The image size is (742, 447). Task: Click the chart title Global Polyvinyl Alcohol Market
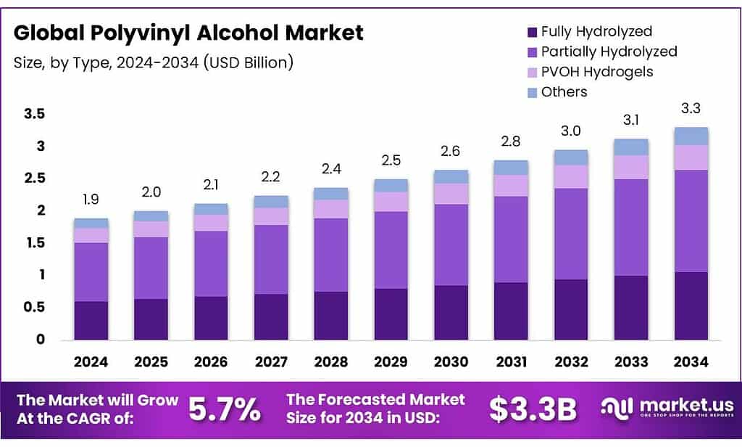tap(189, 33)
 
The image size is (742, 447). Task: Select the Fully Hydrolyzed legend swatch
tap(532, 32)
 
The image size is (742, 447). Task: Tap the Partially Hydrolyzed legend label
tap(609, 52)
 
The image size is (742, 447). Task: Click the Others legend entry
tap(564, 92)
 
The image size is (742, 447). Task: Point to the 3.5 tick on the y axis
tap(34, 114)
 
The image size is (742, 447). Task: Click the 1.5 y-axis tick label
tap(34, 242)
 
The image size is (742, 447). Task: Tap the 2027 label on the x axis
tap(271, 361)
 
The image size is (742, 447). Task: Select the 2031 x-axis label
tap(511, 361)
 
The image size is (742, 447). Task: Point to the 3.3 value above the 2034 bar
tap(691, 109)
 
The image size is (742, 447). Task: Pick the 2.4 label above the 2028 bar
tap(331, 169)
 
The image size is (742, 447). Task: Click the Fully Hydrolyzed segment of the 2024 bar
tap(91, 320)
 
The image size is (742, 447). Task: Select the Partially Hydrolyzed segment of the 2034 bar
tap(691, 221)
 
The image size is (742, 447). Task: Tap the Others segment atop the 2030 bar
tap(451, 176)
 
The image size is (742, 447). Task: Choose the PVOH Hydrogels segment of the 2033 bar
tap(630, 167)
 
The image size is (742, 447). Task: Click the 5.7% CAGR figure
tap(224, 410)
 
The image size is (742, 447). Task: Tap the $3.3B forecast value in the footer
tap(533, 410)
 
